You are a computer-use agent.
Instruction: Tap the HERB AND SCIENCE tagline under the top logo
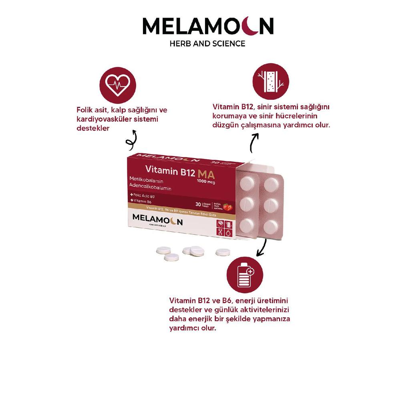tap(207, 43)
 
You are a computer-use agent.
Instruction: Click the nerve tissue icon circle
tap(271, 81)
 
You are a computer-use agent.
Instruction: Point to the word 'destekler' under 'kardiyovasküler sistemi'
tap(92, 129)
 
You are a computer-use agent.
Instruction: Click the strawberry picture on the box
tap(227, 207)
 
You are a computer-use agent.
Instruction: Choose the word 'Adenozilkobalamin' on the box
tap(150, 188)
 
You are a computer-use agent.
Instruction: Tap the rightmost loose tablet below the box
tap(222, 252)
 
